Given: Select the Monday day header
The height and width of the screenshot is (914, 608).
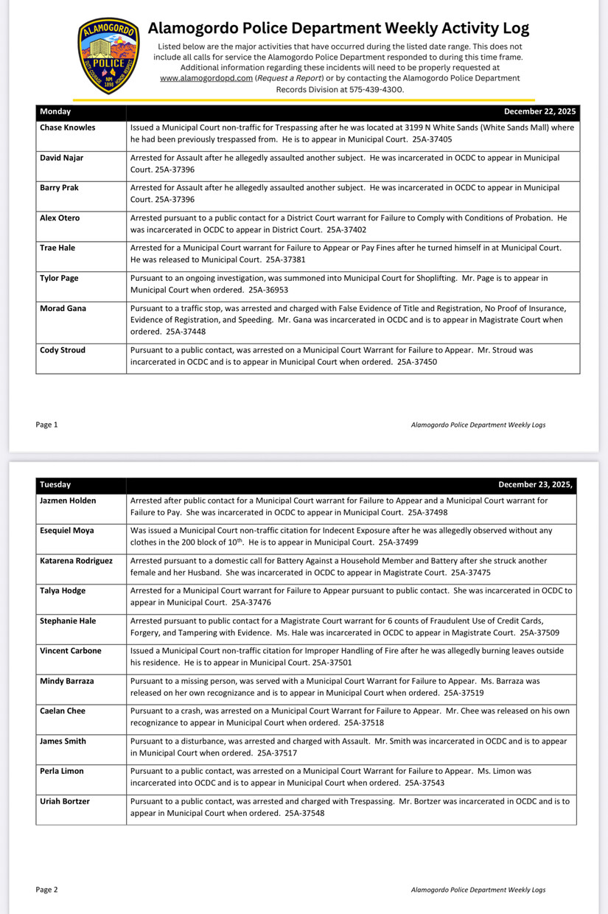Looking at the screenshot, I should pos(55,112).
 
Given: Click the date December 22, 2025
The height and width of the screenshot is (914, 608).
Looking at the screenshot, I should pos(539,112).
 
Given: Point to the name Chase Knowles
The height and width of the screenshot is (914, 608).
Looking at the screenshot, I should pos(67,128).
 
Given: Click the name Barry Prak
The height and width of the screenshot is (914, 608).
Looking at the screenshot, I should pos(59,188).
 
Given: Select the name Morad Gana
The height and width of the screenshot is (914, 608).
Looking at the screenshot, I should pos(63,309).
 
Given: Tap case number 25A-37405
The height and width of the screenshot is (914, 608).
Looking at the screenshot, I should pos(431,139).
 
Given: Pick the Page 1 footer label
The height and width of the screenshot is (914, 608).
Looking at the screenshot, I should pos(46,425).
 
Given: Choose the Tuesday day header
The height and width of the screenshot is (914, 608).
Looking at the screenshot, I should pos(55,485).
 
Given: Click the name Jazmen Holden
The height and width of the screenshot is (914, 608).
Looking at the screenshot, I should pos(68,500).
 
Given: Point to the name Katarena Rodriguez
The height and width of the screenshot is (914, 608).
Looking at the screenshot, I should pos(76,561).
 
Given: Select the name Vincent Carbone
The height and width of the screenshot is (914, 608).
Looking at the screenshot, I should pos(71,651).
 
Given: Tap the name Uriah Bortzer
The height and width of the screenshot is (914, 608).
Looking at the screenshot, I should pos(65,801).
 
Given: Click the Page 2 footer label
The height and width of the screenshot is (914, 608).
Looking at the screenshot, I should pos(46,890).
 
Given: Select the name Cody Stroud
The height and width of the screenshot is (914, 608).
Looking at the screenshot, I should pos(63,350).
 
